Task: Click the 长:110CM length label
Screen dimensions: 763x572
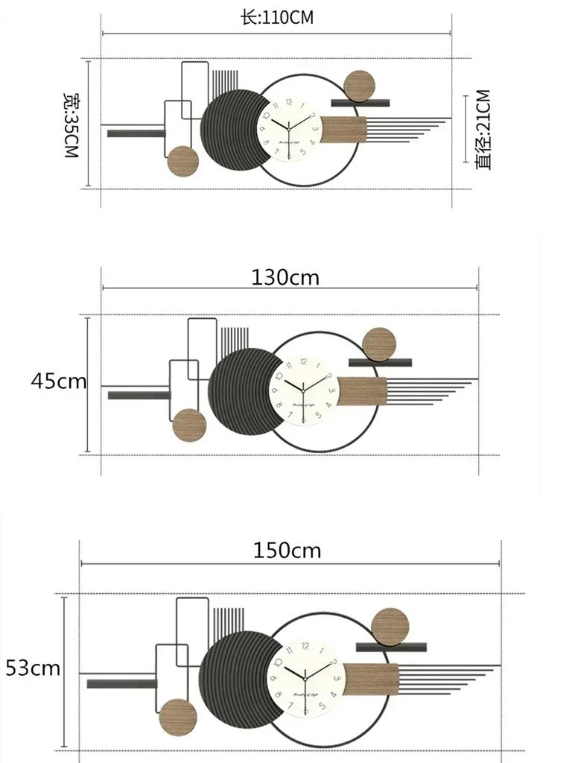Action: (x=276, y=18)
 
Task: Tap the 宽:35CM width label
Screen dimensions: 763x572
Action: (x=71, y=124)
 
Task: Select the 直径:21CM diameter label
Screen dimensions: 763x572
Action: (x=483, y=130)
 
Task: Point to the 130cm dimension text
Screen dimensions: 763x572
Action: (x=285, y=278)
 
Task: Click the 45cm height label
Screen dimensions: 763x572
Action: (x=58, y=381)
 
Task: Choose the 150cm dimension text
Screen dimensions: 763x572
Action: (x=287, y=551)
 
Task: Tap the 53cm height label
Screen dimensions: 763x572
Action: (x=33, y=668)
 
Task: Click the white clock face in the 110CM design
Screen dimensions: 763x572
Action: (x=290, y=129)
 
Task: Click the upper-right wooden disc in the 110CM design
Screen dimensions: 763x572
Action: (x=360, y=86)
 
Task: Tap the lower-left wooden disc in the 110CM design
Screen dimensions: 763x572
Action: (x=182, y=161)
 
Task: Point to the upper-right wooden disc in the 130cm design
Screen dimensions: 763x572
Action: (x=380, y=344)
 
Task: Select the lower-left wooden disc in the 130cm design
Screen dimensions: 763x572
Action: (x=189, y=425)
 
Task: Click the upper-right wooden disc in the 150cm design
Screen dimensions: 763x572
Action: (x=390, y=627)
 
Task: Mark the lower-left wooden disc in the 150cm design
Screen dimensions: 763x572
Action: (x=178, y=718)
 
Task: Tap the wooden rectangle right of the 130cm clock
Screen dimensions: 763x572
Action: (x=362, y=391)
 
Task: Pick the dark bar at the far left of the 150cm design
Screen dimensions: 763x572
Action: (x=122, y=683)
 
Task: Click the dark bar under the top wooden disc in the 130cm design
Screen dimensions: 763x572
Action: (x=380, y=363)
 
